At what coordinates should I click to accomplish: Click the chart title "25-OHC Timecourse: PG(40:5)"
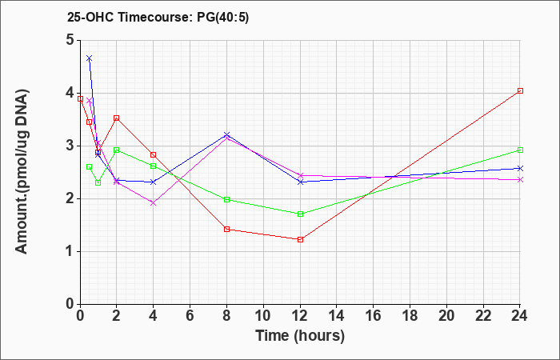click(158, 18)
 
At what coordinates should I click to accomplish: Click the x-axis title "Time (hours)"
click(300, 336)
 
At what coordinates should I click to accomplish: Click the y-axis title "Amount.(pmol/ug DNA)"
click(22, 172)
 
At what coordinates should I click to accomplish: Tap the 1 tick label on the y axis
click(70, 251)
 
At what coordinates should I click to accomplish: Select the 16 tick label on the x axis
click(373, 316)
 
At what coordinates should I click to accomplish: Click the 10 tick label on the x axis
click(263, 316)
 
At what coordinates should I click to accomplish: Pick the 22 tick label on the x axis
click(483, 316)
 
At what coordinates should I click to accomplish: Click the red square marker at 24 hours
click(520, 90)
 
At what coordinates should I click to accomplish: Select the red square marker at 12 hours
click(300, 240)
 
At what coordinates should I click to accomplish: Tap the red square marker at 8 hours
click(226, 230)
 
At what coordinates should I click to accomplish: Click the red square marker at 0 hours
click(80, 99)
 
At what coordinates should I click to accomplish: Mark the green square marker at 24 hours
click(520, 150)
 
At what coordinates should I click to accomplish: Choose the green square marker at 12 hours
click(300, 214)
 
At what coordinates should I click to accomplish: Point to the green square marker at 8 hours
click(226, 200)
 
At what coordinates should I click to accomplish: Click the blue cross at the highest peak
click(90, 58)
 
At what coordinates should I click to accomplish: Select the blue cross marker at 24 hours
click(520, 168)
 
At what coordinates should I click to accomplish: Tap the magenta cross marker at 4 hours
click(154, 203)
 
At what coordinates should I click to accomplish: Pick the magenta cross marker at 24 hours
click(520, 180)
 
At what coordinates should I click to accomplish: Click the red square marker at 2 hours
click(117, 118)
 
